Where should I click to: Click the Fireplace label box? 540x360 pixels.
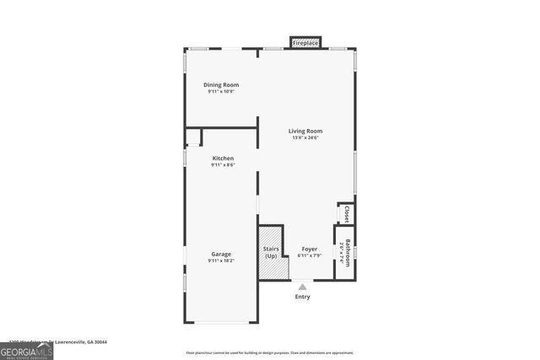[305, 42]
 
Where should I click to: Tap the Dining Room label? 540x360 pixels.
[221, 85]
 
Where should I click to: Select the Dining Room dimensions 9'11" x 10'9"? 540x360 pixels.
[221, 92]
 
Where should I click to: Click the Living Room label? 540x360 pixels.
[305, 131]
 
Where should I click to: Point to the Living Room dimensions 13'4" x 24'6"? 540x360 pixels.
[305, 137]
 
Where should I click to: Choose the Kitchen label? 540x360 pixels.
[223, 159]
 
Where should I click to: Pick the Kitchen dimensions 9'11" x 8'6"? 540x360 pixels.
[223, 165]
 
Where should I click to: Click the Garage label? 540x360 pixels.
[221, 254]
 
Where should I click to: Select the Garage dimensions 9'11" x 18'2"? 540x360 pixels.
[221, 261]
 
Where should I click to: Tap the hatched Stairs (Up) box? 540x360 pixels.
[271, 253]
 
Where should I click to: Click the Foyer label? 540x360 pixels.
[310, 250]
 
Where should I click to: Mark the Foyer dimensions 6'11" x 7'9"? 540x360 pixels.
[310, 256]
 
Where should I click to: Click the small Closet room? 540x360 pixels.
[345, 214]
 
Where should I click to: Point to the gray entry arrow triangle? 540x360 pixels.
[302, 287]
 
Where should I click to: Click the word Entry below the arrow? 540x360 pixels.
[302, 297]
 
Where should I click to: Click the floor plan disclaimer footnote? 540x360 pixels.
[270, 352]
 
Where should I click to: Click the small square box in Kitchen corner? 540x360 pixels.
[193, 137]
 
